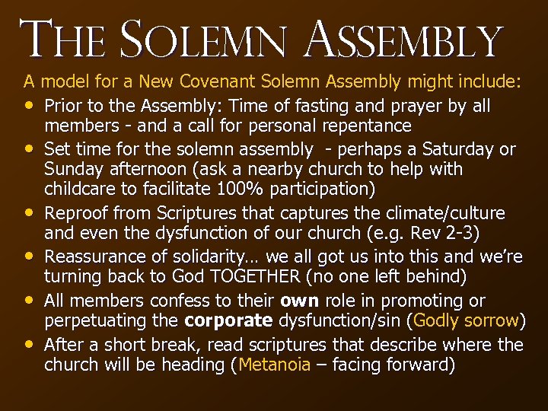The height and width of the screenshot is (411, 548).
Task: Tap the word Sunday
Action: [72, 168]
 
